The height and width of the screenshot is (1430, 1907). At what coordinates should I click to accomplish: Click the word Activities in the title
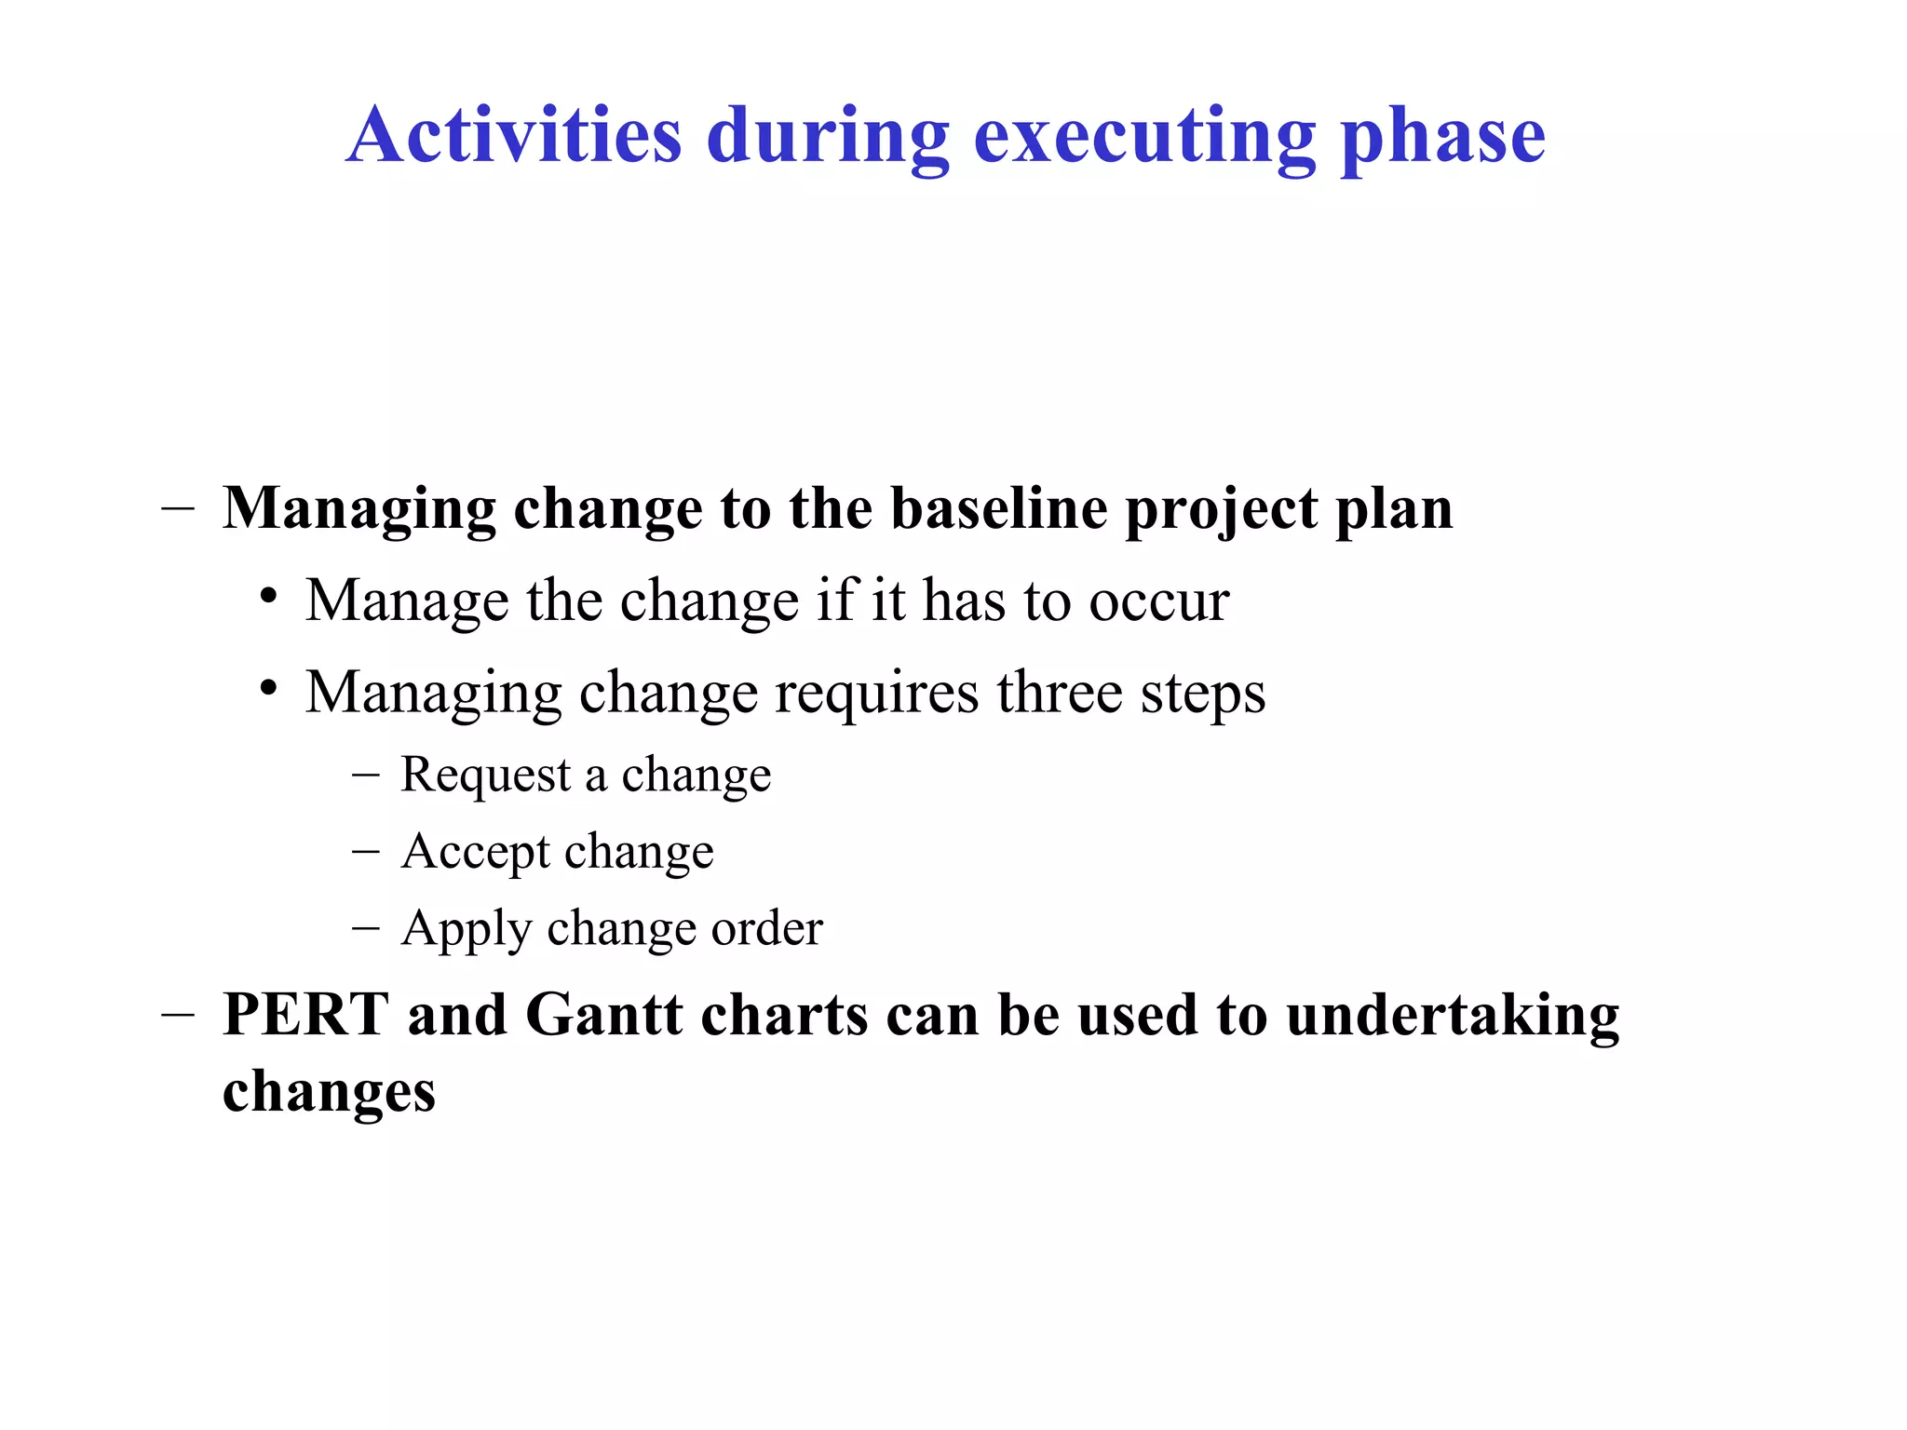point(514,135)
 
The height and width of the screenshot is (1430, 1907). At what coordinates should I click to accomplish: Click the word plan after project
point(1394,510)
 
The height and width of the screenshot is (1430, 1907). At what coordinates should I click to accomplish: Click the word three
point(1059,693)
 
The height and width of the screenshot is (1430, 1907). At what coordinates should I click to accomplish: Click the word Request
point(485,775)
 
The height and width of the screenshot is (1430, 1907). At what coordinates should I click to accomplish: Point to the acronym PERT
point(305,1014)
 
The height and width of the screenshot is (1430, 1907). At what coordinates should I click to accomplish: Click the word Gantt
point(603,1014)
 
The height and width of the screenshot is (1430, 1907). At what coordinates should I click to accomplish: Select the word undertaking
point(1453,1016)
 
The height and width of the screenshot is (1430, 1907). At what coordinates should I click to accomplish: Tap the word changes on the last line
point(329,1092)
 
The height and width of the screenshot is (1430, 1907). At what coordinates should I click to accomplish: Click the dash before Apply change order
point(366,927)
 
